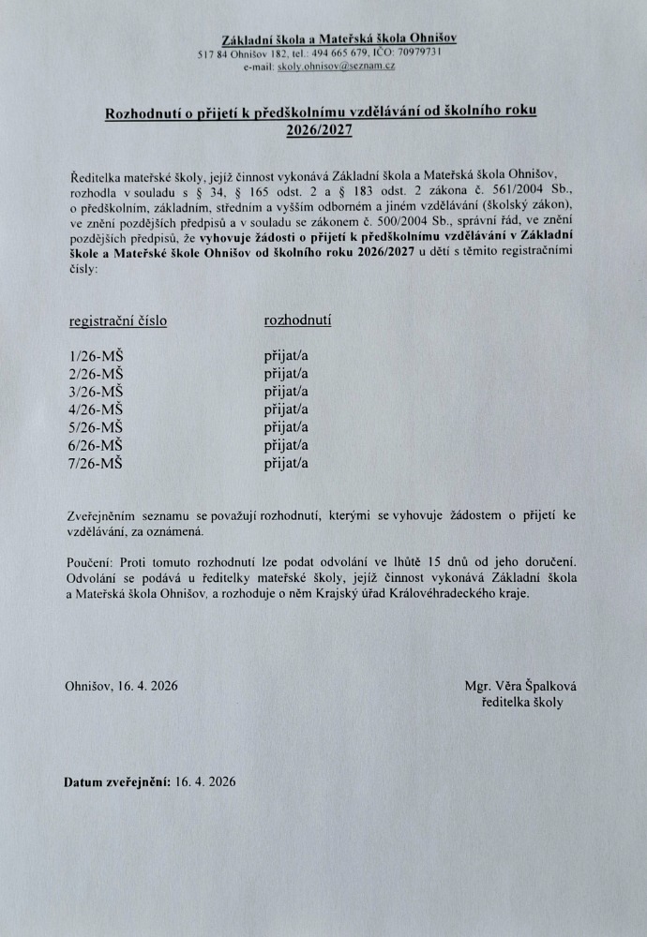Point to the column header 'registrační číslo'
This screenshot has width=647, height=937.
tap(119, 320)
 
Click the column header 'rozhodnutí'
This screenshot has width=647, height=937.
tap(298, 320)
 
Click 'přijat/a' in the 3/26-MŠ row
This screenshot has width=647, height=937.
tap(287, 391)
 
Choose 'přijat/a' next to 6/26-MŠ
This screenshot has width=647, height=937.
tap(287, 444)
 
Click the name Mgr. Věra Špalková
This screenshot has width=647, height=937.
tap(520, 686)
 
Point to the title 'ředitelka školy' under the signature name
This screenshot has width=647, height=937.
tap(522, 702)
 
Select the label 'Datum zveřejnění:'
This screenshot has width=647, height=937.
tap(116, 781)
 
